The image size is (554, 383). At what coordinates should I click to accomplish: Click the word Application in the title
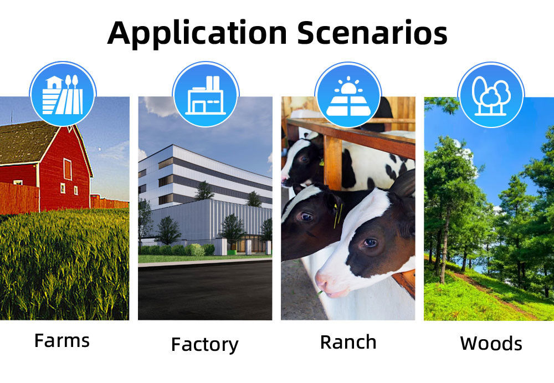197,33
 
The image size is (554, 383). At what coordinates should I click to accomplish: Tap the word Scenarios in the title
372,33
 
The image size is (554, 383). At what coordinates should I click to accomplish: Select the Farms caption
62,341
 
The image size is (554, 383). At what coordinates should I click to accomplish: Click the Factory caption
204,345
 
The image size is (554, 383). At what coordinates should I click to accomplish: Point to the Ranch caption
348,343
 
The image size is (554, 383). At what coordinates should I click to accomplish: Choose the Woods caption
491,344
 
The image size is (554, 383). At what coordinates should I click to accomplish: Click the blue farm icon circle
63,94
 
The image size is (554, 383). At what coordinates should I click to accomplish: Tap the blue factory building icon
206,94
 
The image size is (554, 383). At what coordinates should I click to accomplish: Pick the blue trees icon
491,95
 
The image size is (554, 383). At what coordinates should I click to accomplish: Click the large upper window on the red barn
68,170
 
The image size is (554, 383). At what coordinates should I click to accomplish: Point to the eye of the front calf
370,243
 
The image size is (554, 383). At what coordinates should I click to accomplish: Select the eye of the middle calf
306,216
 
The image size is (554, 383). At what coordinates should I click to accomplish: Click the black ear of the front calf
402,183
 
